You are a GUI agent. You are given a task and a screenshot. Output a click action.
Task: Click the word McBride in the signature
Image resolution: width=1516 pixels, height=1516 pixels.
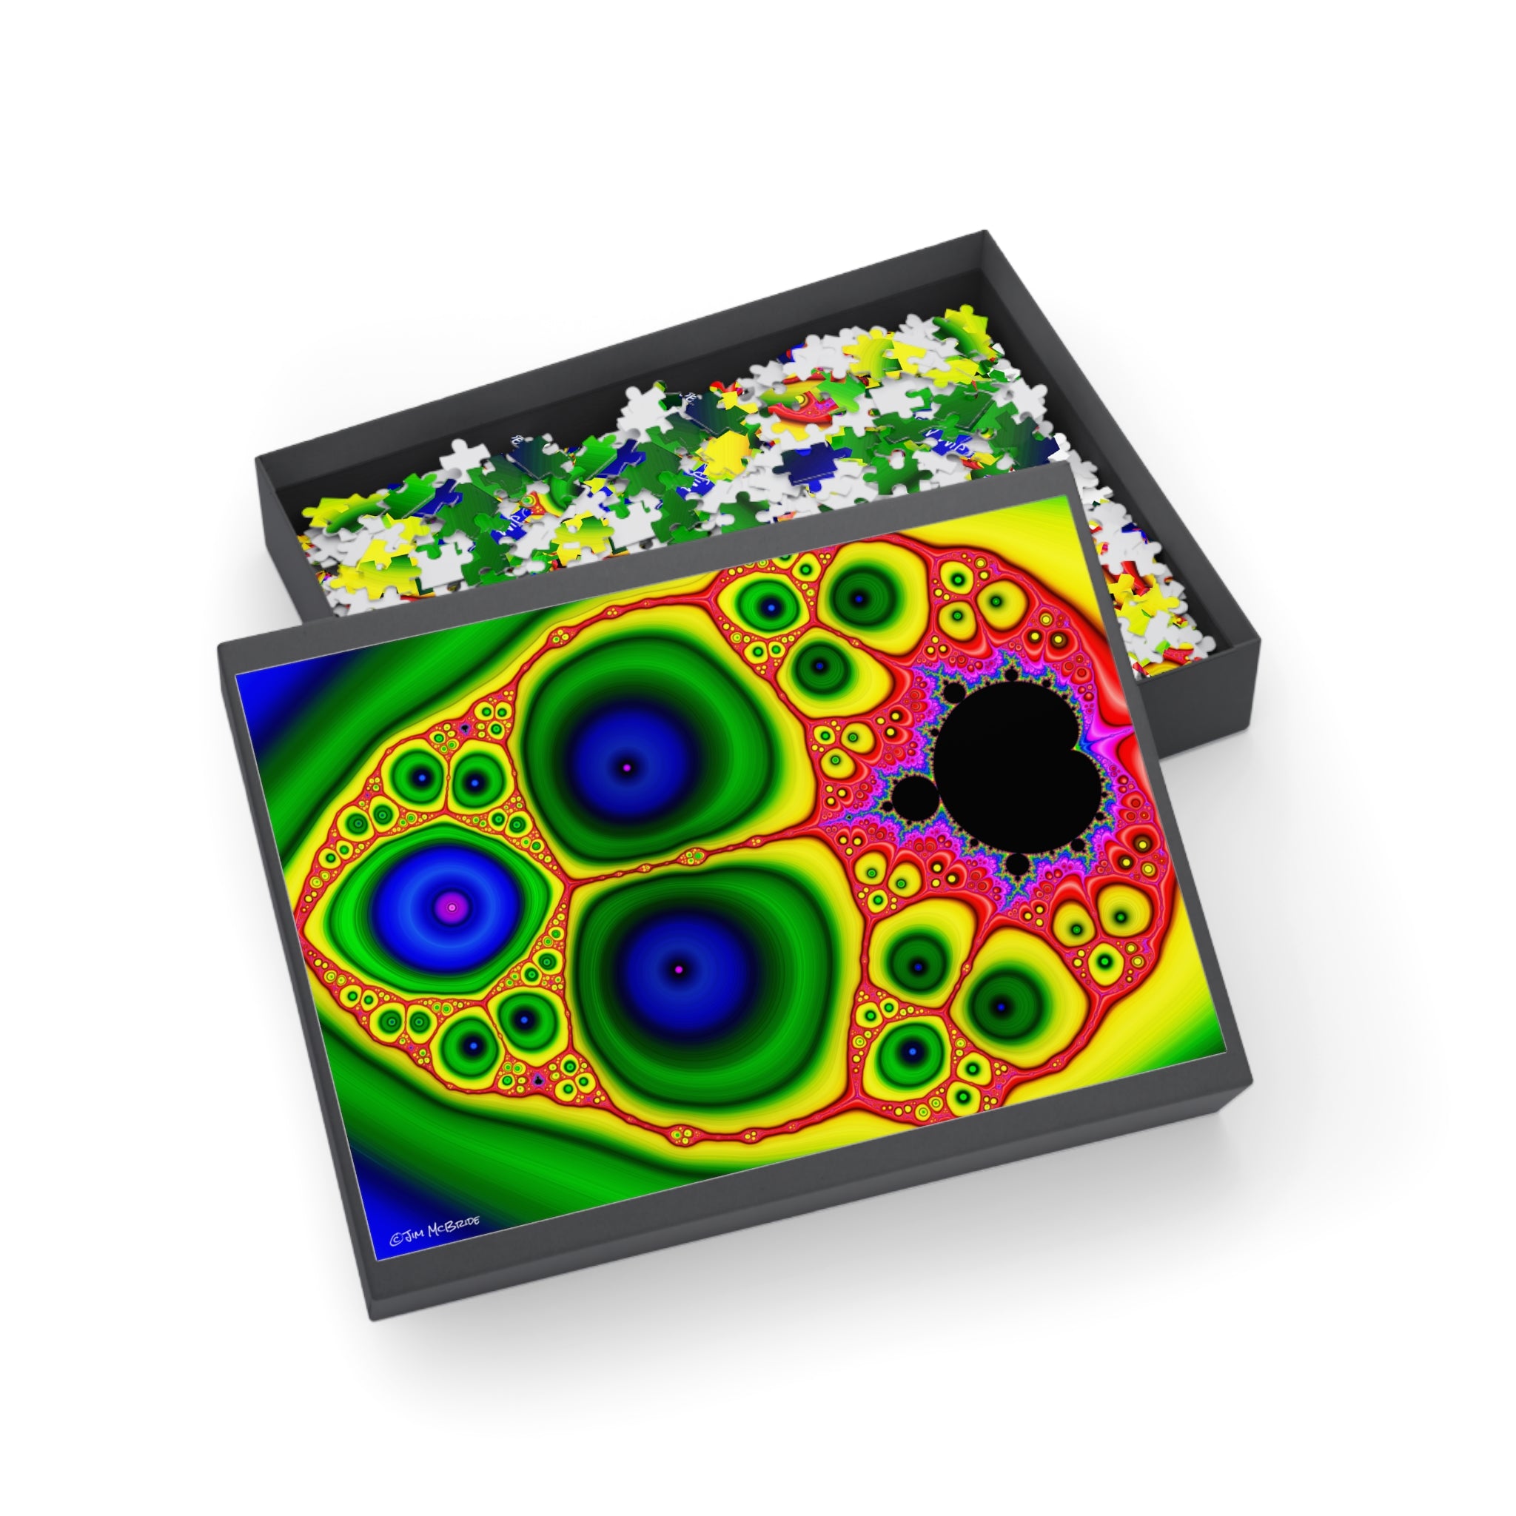[454, 1230]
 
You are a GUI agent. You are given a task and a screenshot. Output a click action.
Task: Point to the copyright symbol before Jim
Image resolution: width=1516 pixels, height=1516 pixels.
[396, 1241]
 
